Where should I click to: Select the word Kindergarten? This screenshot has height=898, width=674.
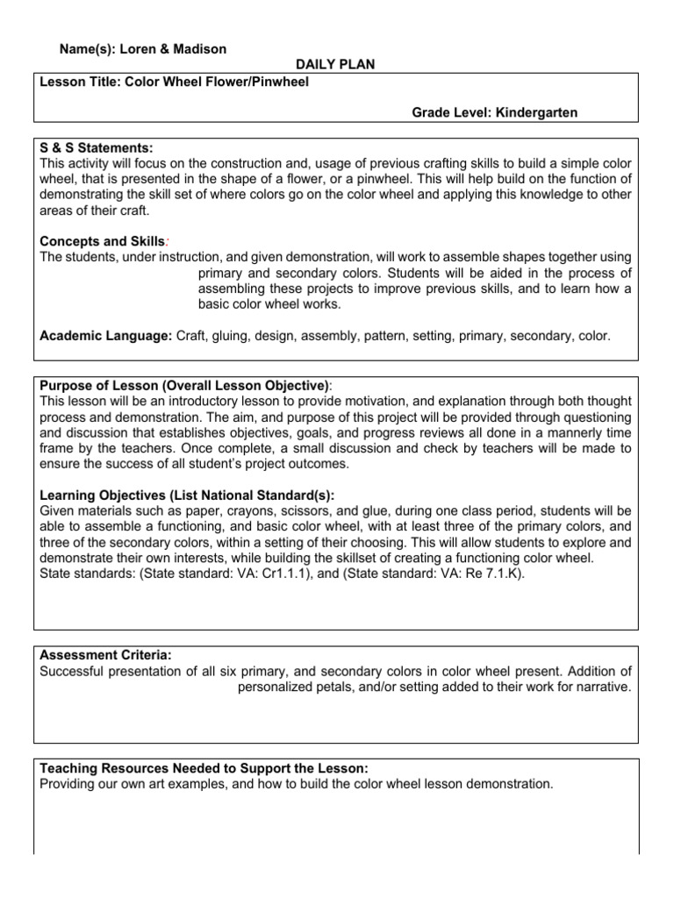536,112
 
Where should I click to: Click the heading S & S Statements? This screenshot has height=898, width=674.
97,148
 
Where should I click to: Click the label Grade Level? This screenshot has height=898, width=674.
451,112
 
